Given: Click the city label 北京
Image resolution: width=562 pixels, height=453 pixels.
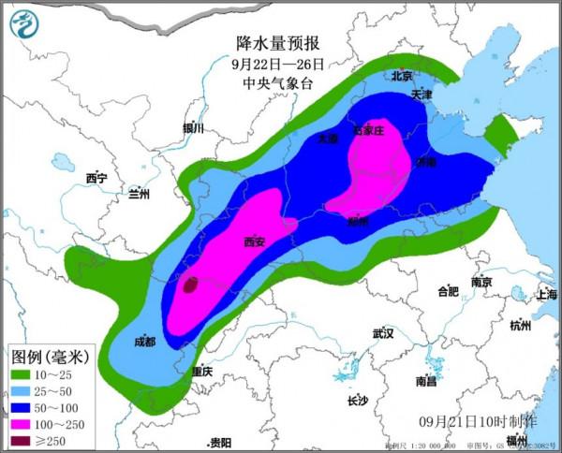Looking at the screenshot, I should [403, 76].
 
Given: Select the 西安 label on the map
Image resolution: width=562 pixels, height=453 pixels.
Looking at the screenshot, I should [254, 242].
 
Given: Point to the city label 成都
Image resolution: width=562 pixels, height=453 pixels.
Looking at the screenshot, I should [144, 342].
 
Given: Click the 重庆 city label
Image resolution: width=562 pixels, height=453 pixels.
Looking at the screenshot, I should [201, 372].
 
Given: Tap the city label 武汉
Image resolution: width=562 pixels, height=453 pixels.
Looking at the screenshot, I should [382, 333].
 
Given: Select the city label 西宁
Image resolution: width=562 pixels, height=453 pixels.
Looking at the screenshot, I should [96, 178].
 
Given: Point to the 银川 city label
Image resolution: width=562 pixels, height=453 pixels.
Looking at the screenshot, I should [194, 128].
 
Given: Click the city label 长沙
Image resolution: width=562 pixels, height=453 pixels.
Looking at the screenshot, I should [358, 402].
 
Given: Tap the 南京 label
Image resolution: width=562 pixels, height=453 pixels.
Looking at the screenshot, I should [482, 281].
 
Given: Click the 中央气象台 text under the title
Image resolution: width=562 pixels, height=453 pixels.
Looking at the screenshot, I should [278, 84].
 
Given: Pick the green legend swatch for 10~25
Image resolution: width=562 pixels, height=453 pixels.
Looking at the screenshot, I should [22, 374].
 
